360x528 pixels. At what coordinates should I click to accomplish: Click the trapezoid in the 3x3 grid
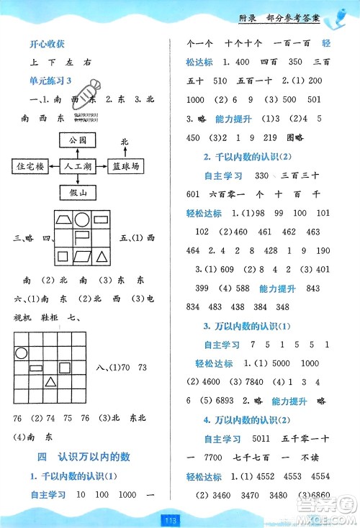coord(62,219)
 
